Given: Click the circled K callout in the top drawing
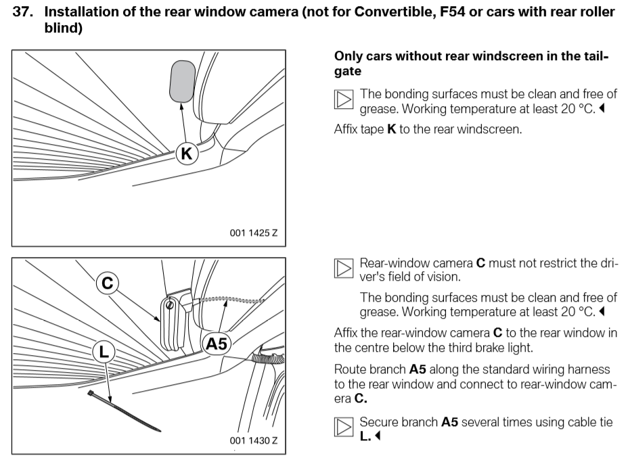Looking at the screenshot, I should (187, 154).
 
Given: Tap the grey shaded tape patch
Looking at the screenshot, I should (181, 80).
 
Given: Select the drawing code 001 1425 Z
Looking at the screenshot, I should (254, 233).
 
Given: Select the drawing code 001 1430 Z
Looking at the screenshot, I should (254, 440).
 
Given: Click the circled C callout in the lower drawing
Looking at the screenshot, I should (107, 282).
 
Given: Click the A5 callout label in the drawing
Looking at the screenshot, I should (216, 343).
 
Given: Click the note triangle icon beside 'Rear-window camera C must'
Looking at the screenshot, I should (344, 269).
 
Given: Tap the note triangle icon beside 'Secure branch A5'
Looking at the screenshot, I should (344, 428).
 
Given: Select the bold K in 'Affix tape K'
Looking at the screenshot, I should (390, 129).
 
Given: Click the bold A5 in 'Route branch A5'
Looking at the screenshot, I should (420, 369).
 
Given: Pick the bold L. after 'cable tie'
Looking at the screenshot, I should (365, 436).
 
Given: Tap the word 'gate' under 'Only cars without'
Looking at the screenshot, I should (348, 70).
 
